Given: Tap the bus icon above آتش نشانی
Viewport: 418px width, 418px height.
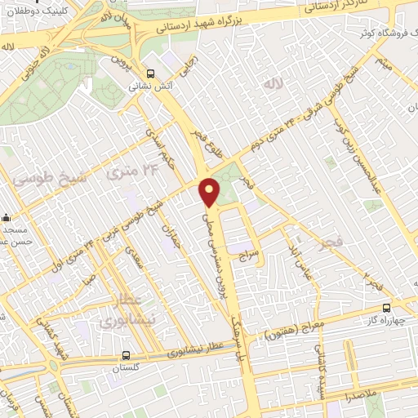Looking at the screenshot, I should coord(149,71).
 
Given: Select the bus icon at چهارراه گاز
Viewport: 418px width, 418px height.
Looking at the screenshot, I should coord(386,308).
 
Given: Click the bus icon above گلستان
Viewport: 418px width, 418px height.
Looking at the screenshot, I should coord(125,355).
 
